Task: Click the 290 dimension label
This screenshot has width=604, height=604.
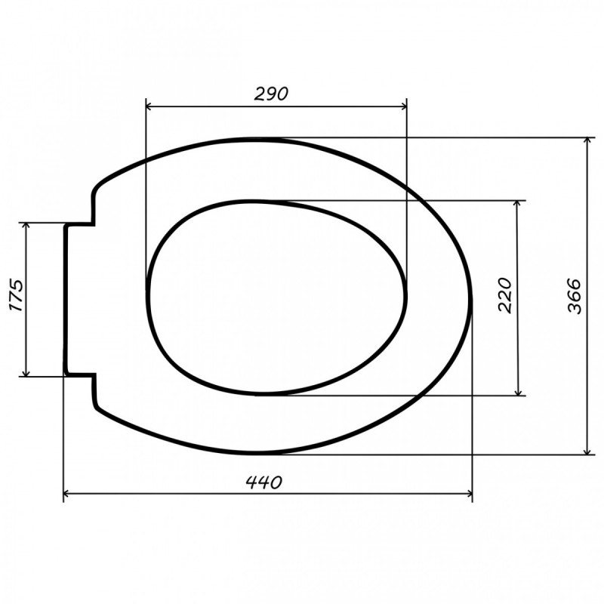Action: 271,94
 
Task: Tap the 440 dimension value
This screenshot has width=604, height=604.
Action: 264,482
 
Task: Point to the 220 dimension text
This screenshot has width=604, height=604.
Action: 505,295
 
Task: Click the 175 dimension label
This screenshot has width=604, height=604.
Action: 16,295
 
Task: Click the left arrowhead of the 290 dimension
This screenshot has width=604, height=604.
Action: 149,106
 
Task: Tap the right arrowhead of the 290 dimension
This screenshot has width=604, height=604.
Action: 403,106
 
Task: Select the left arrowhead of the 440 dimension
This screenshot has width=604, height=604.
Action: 66,494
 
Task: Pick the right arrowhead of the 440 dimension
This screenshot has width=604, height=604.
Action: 469,494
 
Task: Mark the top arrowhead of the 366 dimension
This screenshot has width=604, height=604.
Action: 587,140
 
